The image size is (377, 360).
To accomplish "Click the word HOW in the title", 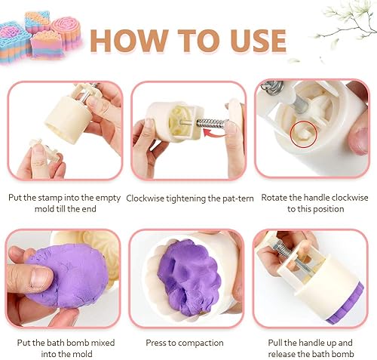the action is coord(129,41).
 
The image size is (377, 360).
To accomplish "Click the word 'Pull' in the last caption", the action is coord(275,343).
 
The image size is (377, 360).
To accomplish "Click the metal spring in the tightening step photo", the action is coord(213,123).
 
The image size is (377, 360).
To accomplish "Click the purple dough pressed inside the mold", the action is coord(189,277).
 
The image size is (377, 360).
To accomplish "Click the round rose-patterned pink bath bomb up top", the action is coord(67,32).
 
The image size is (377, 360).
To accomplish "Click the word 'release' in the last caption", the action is coord(281,354).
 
